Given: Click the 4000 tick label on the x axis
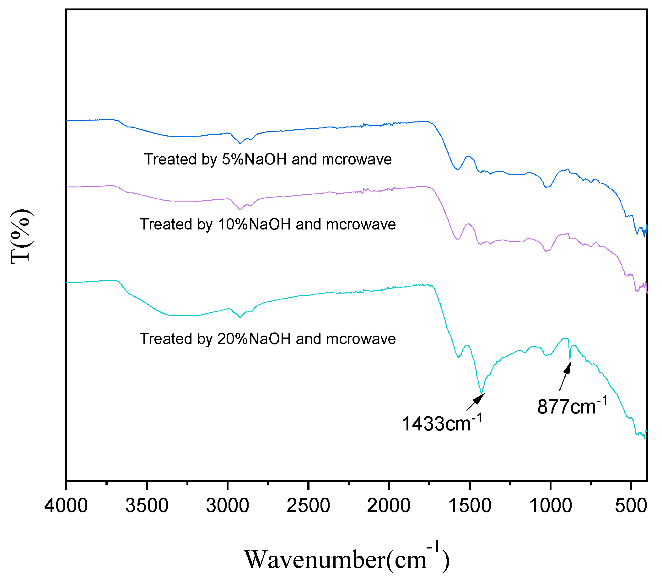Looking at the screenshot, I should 66,506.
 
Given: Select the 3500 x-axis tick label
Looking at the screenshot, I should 147,506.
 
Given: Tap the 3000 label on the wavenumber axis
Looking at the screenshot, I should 227,506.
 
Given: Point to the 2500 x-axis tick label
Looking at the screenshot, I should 308,506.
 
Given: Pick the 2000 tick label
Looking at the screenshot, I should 389,506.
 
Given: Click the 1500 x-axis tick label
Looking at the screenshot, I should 470,506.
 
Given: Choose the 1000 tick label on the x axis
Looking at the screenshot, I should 551,506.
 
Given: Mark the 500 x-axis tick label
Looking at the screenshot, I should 631,506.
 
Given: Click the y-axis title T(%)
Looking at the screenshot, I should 21,237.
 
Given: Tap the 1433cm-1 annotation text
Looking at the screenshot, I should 441,423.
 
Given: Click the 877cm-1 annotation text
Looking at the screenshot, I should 572,406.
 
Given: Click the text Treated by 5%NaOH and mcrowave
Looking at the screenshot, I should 268,159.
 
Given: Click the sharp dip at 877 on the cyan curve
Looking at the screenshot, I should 570,358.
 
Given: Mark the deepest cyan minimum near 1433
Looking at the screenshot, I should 482,393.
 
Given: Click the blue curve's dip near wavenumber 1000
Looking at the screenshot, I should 547,187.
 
